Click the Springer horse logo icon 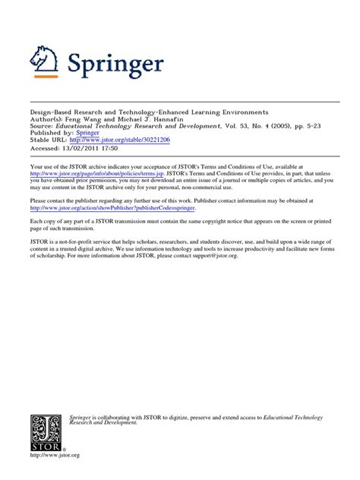coord(44,61)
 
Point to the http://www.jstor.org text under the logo coord(54,456)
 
